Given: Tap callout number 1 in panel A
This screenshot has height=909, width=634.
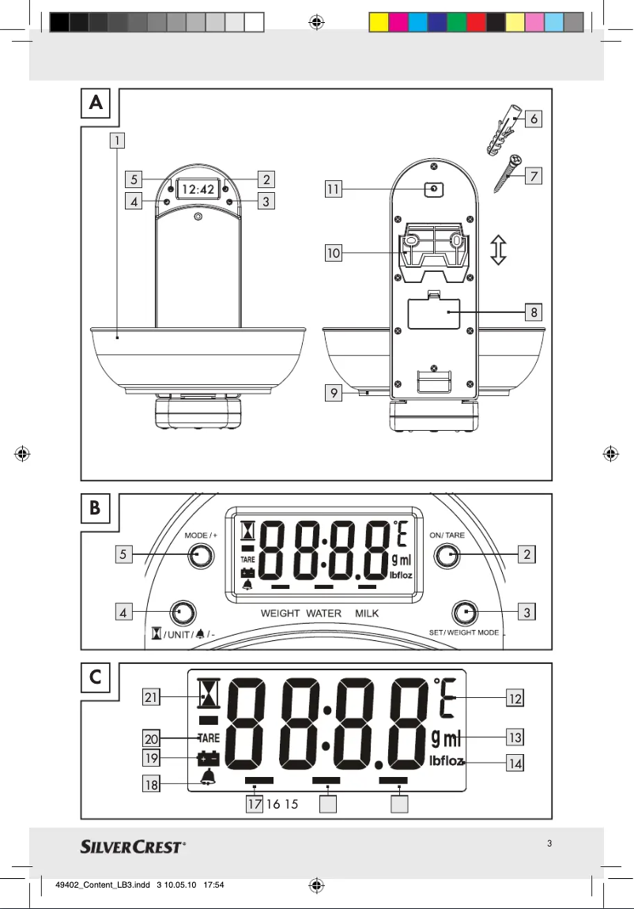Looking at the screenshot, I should tap(116, 141).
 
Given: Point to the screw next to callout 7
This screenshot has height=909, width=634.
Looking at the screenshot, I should tap(505, 173).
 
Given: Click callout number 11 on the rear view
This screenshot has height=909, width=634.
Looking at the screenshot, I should tap(333, 189).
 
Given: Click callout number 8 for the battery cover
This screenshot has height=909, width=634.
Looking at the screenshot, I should tap(534, 312).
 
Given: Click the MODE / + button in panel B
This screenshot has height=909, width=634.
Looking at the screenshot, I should tap(201, 556).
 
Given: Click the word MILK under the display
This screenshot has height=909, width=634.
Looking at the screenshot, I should tap(367, 613).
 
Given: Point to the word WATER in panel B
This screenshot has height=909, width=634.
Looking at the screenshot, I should tap(323, 613).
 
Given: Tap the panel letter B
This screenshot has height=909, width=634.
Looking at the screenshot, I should tap(95, 509).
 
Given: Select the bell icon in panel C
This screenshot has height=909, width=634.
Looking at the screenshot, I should tap(208, 778).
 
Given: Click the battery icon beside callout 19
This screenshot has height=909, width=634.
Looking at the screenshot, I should tap(208, 758).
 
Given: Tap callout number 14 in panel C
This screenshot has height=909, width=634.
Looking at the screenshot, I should tap(515, 764).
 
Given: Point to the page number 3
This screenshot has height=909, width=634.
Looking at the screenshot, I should tap(549, 843).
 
